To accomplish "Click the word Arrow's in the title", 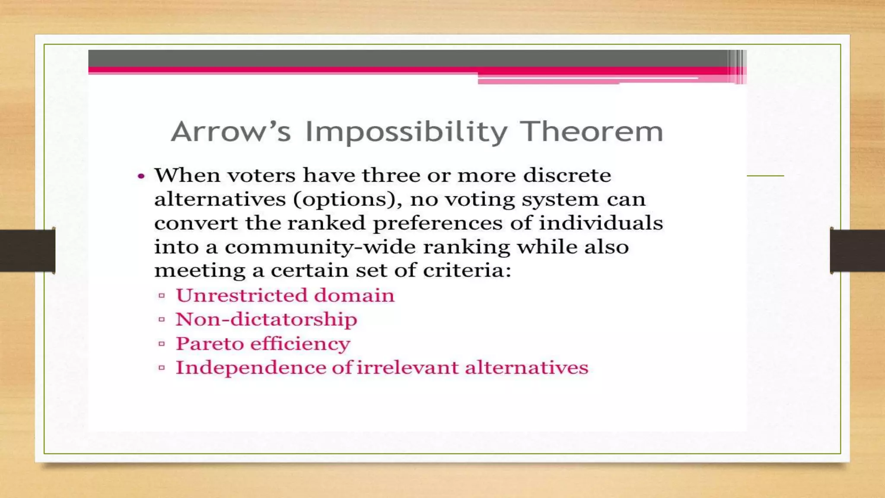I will [x=231, y=131].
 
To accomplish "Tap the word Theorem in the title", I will [x=591, y=131].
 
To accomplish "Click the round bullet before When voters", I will [x=141, y=176].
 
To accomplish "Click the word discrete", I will [x=567, y=176].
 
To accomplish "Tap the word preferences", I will [x=438, y=223].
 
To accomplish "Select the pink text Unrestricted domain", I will [x=285, y=296].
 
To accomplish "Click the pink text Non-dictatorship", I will [x=266, y=319].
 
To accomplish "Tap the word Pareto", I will [x=210, y=344].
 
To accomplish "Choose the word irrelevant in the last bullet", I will [x=407, y=368].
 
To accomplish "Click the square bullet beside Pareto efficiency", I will [x=162, y=344].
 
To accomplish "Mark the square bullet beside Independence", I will [x=162, y=368].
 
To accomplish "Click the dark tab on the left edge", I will [x=27, y=251].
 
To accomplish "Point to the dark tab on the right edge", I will [x=857, y=251].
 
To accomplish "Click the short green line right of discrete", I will [x=765, y=176].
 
